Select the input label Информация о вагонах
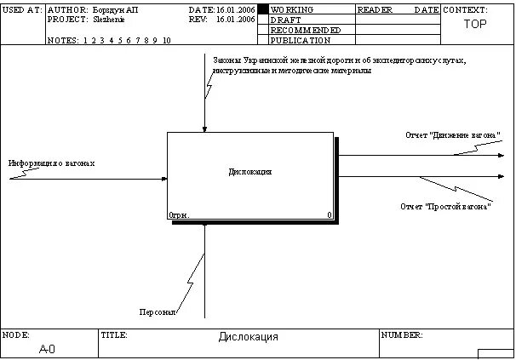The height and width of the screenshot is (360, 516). point(52,163)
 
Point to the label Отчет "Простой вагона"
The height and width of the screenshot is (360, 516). point(446,207)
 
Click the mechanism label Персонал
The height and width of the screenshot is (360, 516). point(158,311)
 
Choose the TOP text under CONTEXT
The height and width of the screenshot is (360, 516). point(475,24)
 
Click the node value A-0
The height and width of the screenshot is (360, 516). point(49,349)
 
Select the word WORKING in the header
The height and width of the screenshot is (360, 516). point(292,9)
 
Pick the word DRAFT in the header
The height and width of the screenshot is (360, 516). point(285,20)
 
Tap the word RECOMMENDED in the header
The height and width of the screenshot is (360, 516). point(306,30)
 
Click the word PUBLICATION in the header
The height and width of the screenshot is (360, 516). point(301,40)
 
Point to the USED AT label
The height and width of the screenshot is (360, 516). point(21,9)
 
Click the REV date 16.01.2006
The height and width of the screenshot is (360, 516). point(236,19)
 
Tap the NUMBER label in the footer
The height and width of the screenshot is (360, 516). point(402,335)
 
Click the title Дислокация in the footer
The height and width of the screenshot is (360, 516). point(249,337)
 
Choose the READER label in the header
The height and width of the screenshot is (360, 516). point(376,9)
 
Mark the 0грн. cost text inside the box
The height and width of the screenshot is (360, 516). point(179,215)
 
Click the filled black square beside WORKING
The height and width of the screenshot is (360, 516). point(263,9)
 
